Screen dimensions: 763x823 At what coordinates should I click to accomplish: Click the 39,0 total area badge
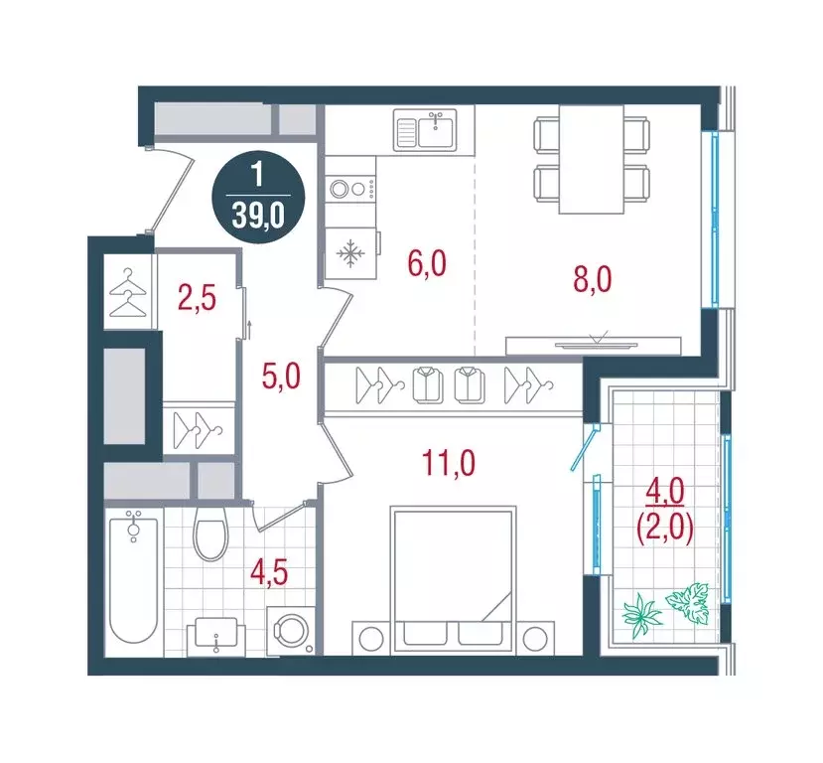tap(257, 196)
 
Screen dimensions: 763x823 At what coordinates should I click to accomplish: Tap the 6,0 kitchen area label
tap(426, 265)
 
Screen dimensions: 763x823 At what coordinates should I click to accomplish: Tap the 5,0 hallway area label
tap(279, 378)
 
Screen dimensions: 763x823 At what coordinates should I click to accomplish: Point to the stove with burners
tap(350, 188)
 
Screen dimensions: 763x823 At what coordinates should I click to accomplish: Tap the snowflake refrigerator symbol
tap(349, 256)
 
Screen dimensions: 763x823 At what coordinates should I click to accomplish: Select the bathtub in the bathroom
tap(133, 579)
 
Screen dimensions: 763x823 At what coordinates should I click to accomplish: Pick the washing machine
tap(293, 630)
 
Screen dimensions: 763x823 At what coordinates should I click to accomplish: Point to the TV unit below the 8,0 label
tap(593, 345)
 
